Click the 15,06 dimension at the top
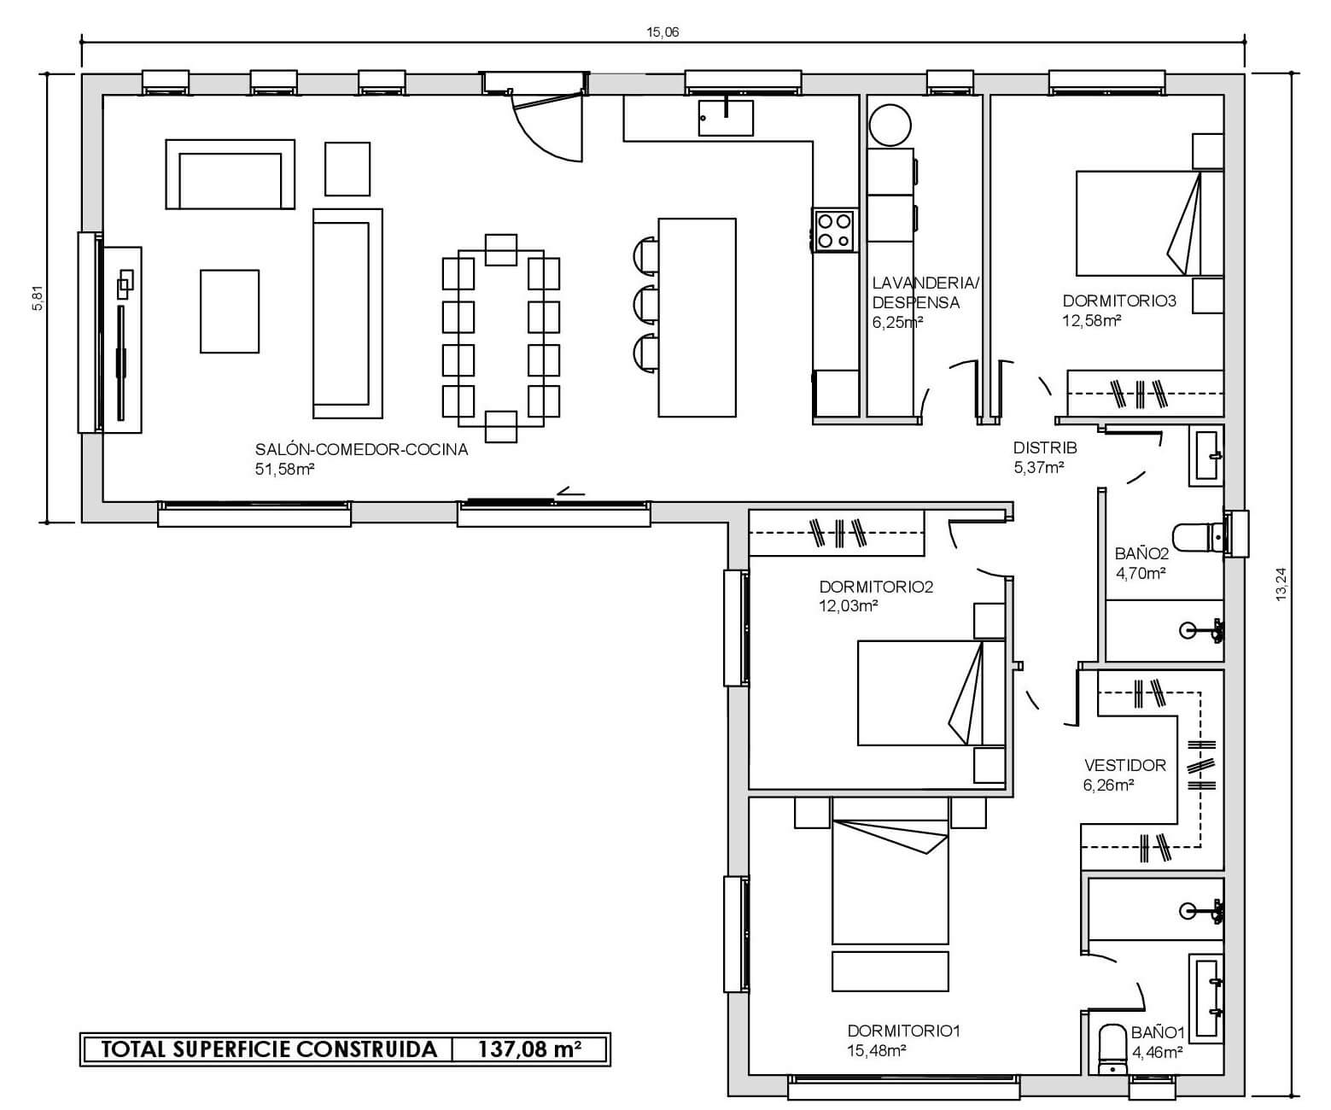pyautogui.click(x=663, y=32)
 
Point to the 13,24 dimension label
pyautogui.click(x=1281, y=584)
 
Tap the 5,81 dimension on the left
pyautogui.click(x=38, y=298)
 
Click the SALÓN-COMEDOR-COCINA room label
pyautogui.click(x=361, y=449)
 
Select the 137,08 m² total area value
pyautogui.click(x=529, y=1049)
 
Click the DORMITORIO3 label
pyautogui.click(x=1118, y=301)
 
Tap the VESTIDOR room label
pyautogui.click(x=1125, y=765)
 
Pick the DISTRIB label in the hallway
pyautogui.click(x=1045, y=447)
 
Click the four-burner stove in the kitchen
pyautogui.click(x=835, y=231)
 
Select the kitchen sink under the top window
pyautogui.click(x=726, y=118)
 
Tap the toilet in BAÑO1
pyautogui.click(x=1113, y=1050)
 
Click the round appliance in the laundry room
pyautogui.click(x=890, y=125)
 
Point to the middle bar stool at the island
pyautogui.click(x=645, y=303)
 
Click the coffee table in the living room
pyautogui.click(x=230, y=311)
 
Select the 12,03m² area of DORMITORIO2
pyautogui.click(x=849, y=605)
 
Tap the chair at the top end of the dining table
pyautogui.click(x=500, y=250)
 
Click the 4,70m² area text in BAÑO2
pyautogui.click(x=1141, y=573)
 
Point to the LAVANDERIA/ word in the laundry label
pyautogui.click(x=925, y=283)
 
